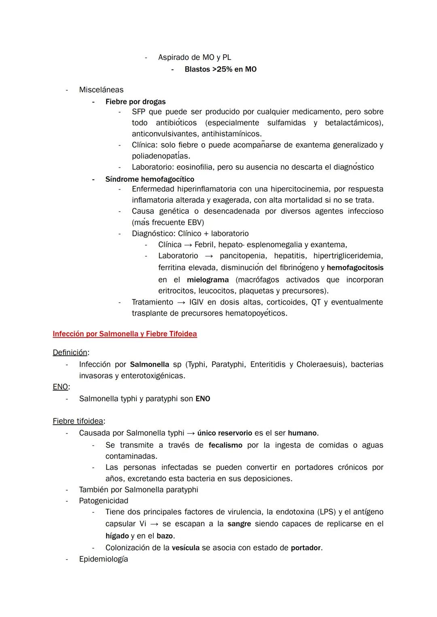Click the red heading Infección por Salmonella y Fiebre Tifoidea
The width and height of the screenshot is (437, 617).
[x=125, y=334]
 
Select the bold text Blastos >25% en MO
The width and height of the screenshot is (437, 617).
[x=221, y=69]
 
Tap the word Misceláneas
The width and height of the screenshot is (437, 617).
[x=101, y=90]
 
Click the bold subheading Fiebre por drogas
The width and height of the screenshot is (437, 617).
[x=136, y=102]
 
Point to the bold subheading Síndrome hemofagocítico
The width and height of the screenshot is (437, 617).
[x=150, y=179]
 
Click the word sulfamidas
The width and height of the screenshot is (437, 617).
[x=286, y=123]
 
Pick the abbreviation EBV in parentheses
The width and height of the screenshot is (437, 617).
[x=195, y=223]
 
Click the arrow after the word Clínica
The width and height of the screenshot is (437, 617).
[x=188, y=245]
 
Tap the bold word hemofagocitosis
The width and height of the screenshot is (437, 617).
[x=355, y=267]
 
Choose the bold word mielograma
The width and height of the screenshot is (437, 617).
[x=208, y=280]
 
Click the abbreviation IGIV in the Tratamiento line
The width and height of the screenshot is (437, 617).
[x=196, y=302]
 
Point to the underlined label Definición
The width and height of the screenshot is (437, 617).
[x=70, y=352]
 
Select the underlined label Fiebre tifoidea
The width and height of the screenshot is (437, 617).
[x=78, y=421]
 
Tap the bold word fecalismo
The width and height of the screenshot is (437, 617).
[x=225, y=445]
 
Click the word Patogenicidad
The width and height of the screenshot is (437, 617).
[x=104, y=501]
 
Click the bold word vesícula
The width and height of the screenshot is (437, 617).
[x=185, y=548]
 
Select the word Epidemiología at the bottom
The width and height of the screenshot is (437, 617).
[x=104, y=559]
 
